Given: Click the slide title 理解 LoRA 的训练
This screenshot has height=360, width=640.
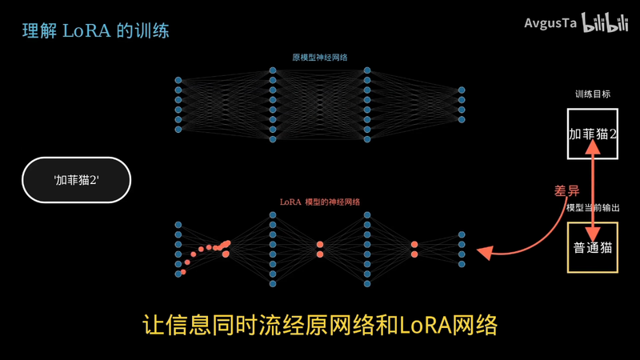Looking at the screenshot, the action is point(95,31).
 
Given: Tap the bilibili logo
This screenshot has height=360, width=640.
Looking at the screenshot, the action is point(605,22).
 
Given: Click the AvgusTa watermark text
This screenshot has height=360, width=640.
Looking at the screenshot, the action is point(550,23).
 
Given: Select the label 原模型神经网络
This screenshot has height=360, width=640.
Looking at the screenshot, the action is point(319,58).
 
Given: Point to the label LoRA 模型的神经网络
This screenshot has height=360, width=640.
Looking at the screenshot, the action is point(319,202).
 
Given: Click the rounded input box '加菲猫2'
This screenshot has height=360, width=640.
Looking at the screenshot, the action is point(76,180).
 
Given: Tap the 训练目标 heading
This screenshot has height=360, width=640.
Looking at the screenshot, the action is point(593,94).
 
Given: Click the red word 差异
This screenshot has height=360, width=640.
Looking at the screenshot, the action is point(566,190).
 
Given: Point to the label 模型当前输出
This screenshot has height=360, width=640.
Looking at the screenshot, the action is point(593,208).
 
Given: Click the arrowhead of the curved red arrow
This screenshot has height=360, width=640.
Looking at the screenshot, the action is point(485,252).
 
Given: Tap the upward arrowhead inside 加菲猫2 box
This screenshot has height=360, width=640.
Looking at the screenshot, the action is point(593,147).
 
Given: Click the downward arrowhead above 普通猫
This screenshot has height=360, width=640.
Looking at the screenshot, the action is point(593,234).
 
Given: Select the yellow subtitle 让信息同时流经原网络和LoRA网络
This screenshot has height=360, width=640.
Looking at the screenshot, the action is point(320,326).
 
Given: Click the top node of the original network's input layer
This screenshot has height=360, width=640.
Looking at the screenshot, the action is point(178,80).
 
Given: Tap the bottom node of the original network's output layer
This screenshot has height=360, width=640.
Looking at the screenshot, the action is point(462,119).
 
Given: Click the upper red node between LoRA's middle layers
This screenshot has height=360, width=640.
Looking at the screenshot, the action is point(320,245).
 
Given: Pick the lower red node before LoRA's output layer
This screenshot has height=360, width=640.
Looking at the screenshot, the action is point(414,254).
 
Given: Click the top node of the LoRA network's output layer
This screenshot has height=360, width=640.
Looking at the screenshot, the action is point(462,234).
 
